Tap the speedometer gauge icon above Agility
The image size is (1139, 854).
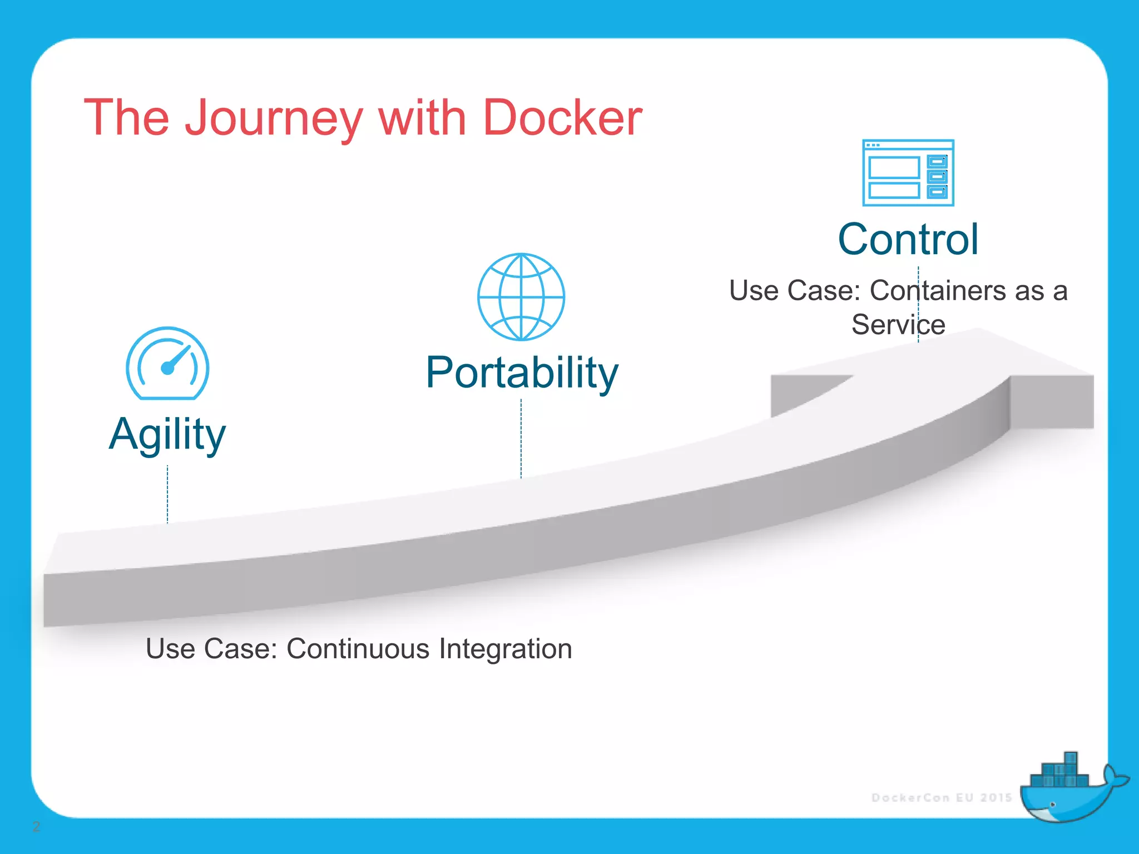167,363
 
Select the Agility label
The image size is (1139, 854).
167,435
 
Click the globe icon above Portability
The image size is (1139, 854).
521,297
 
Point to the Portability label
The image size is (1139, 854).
522,373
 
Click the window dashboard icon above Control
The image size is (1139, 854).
908,173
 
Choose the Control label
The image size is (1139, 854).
908,240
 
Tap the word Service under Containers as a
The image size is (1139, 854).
898,325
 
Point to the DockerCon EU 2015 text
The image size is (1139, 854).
942,798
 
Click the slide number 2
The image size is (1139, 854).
36,827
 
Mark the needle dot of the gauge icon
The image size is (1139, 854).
167,368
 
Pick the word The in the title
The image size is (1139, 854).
126,117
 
